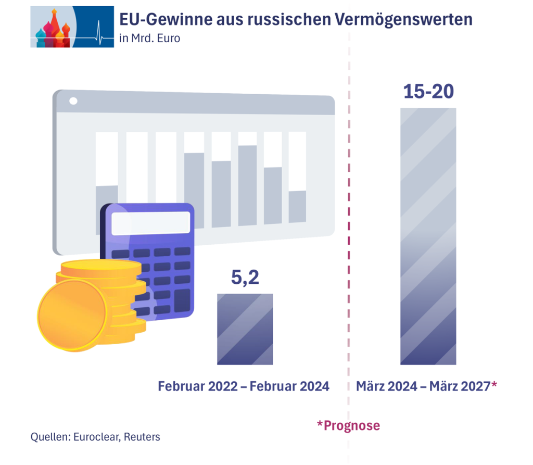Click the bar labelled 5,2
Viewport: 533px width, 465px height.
click(245, 329)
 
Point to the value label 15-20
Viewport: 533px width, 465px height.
click(428, 92)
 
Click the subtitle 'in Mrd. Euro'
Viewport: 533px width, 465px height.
click(149, 38)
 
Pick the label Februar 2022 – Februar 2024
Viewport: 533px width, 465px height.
click(244, 386)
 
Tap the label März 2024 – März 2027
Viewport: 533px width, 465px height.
click(423, 386)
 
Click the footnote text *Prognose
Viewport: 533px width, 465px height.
click(348, 425)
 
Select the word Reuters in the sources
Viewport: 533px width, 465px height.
click(142, 437)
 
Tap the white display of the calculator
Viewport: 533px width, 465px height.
click(151, 223)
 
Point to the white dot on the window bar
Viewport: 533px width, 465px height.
click(73, 101)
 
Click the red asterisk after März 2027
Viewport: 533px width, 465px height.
click(494, 385)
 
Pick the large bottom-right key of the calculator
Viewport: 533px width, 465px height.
click(182, 300)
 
